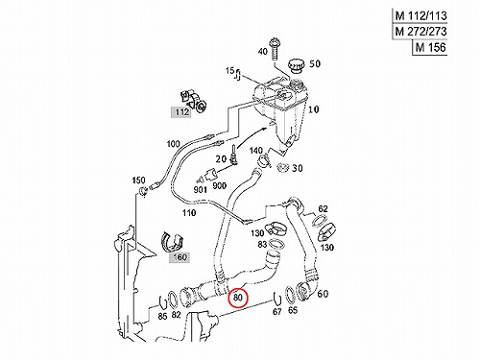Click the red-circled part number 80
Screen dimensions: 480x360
pyautogui.click(x=238, y=298)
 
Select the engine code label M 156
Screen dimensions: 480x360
pyautogui.click(x=430, y=48)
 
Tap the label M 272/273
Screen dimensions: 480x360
pyautogui.click(x=420, y=32)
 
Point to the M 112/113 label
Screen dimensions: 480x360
pyautogui.click(x=420, y=15)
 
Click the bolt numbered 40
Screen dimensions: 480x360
pyautogui.click(x=275, y=49)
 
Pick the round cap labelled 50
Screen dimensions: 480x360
pyautogui.click(x=295, y=66)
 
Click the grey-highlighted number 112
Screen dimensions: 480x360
pyautogui.click(x=181, y=112)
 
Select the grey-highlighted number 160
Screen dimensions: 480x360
pyautogui.click(x=180, y=257)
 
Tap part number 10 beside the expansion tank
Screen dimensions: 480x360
pyautogui.click(x=313, y=109)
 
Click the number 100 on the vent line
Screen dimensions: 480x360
pyautogui.click(x=174, y=144)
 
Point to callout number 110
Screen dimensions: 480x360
pyautogui.click(x=189, y=213)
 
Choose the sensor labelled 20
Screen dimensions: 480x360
pyautogui.click(x=234, y=155)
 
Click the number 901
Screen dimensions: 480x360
pyautogui.click(x=200, y=190)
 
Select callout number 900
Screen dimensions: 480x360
pyautogui.click(x=220, y=185)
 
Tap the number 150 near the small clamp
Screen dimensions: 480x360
pyautogui.click(x=138, y=180)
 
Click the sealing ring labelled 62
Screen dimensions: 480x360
pyautogui.click(x=319, y=221)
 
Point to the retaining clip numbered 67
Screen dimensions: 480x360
pyautogui.click(x=276, y=298)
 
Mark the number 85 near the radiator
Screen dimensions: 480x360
pyautogui.click(x=162, y=316)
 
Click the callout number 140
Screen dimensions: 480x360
pyautogui.click(x=255, y=151)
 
